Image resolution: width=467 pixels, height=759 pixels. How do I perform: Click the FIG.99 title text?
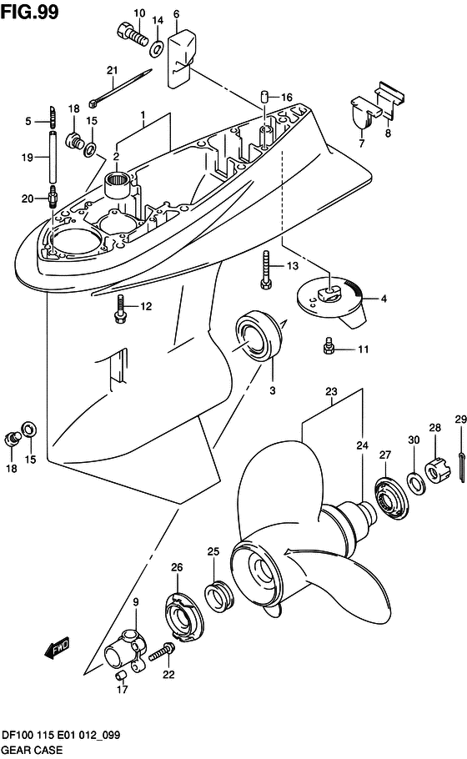coord(29,12)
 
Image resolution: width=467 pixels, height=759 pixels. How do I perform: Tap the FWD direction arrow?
coord(57,648)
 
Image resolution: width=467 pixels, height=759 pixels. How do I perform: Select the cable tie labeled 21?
coord(120,88)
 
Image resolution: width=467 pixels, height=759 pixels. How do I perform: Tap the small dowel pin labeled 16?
coord(265,95)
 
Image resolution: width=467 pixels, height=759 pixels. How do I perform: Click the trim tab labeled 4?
coord(334,301)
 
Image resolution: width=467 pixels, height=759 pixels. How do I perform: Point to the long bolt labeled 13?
coord(266,269)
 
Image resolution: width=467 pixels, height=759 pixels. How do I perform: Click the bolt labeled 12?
coord(120,309)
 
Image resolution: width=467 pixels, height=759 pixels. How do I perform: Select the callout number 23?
coord(331,391)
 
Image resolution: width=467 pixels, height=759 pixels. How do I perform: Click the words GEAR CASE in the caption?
coord(32,750)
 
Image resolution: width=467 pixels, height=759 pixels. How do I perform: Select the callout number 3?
coord(273,390)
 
